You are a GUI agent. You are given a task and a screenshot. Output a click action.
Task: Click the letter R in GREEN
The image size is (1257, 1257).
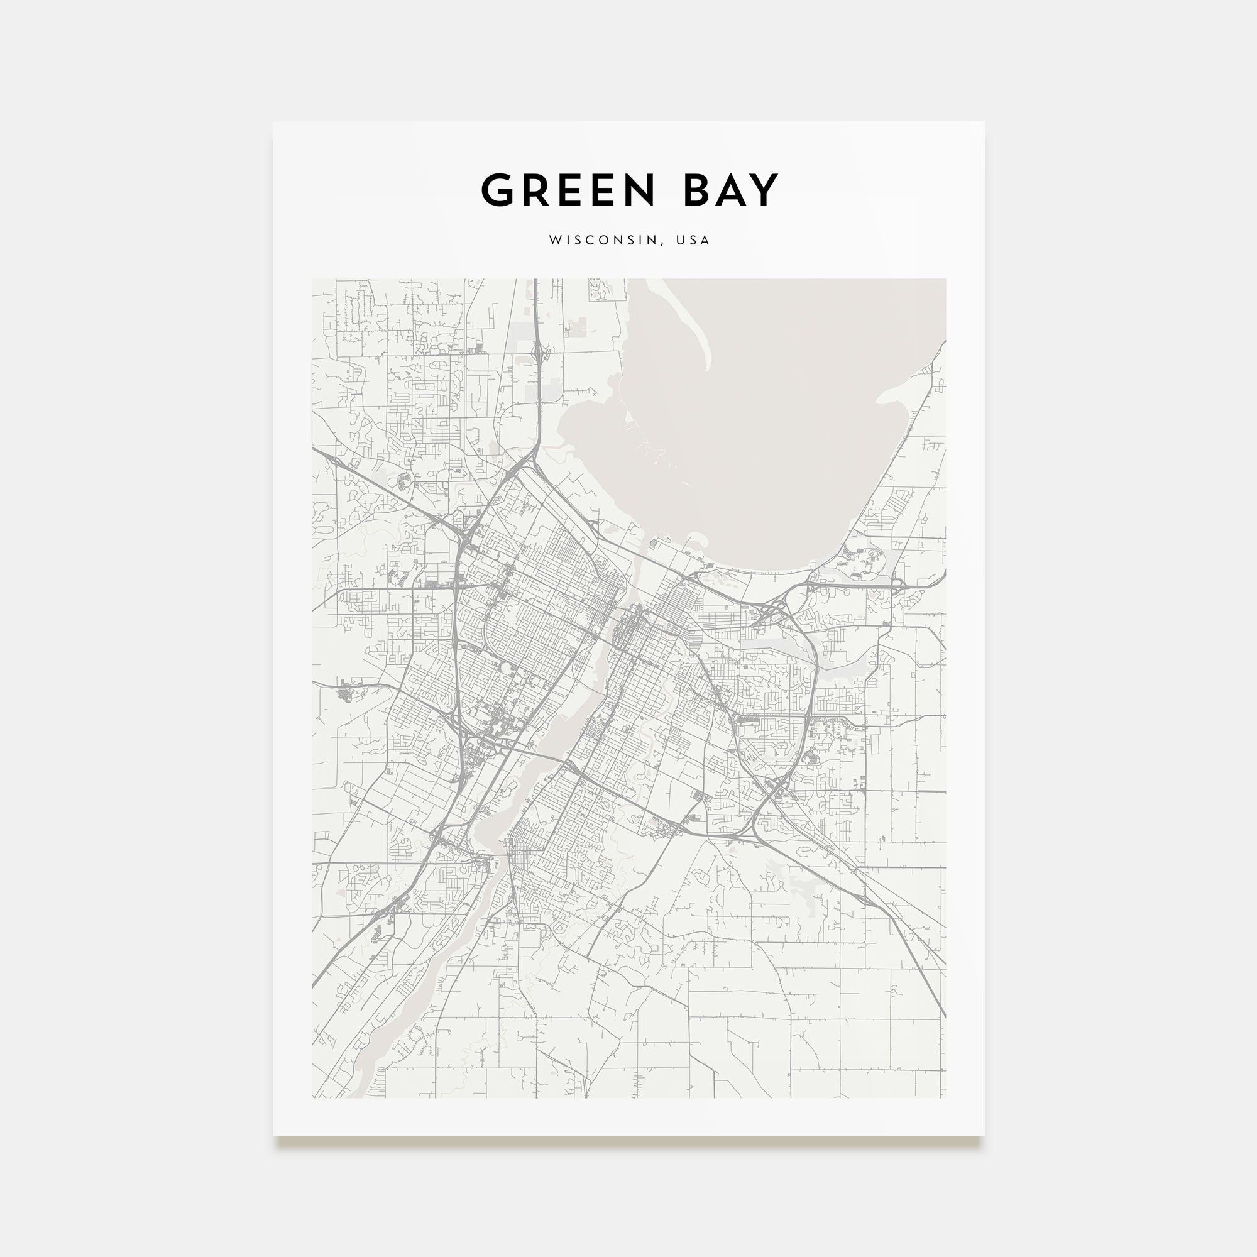click(535, 190)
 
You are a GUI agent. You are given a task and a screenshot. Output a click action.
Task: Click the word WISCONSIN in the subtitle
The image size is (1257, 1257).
click(603, 240)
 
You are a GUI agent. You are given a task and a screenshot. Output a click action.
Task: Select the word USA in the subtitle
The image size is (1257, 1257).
click(693, 240)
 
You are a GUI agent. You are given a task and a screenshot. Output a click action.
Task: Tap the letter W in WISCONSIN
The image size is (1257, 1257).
click(555, 240)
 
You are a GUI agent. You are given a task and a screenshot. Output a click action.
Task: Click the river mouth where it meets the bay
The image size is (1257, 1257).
click(644, 553)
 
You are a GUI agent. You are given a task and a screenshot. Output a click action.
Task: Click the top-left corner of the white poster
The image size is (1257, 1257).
click(273, 123)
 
